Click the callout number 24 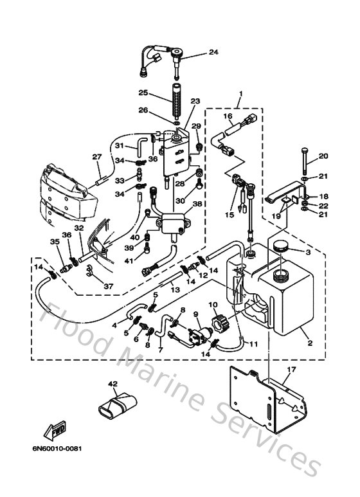pyautogui.click(x=213, y=52)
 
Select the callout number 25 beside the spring pyautogui.click(x=142, y=92)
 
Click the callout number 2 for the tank pyautogui.click(x=310, y=344)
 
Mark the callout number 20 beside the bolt pyautogui.click(x=323, y=156)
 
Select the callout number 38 pyautogui.click(x=197, y=204)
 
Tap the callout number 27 pyautogui.click(x=96, y=156)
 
